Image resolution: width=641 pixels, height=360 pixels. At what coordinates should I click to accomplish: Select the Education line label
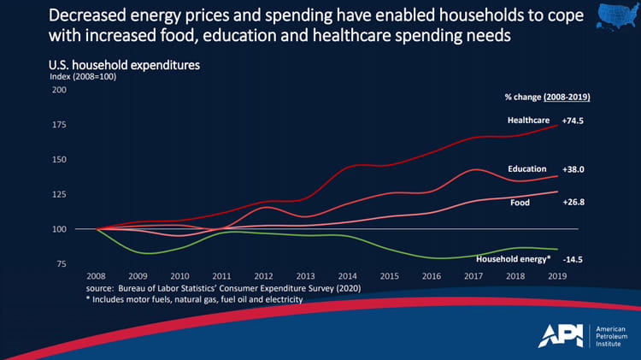(x=526, y=169)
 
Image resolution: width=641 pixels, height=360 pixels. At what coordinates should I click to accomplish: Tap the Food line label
(x=520, y=203)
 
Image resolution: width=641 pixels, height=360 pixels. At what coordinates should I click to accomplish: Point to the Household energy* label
(x=512, y=257)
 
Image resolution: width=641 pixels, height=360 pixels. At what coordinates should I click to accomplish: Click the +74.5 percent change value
(x=573, y=121)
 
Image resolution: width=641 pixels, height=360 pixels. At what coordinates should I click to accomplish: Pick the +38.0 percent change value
(x=573, y=169)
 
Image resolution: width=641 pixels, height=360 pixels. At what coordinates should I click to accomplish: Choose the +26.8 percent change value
(x=573, y=203)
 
